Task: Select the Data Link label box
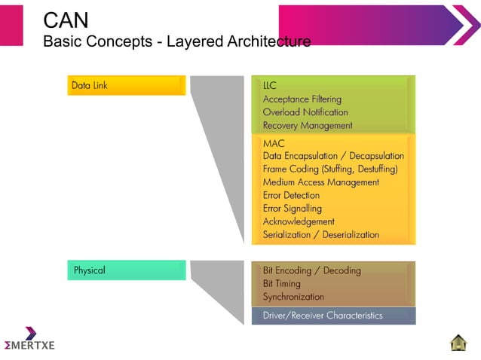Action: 126,85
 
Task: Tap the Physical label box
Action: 126,270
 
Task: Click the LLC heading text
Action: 270,86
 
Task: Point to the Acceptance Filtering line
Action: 302,99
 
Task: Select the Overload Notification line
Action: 305,112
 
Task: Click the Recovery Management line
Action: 307,125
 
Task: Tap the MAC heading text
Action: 273,143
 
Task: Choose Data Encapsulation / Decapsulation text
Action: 333,156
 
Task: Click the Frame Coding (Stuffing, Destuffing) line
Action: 329,169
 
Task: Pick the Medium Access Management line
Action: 320,182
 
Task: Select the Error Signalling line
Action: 292,208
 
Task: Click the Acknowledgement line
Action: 299,221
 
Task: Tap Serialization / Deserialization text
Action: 320,234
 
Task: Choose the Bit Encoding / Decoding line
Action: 311,270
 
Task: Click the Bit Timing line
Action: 281,284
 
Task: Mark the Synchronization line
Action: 293,297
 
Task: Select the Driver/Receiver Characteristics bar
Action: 333,316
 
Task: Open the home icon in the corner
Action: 458,342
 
